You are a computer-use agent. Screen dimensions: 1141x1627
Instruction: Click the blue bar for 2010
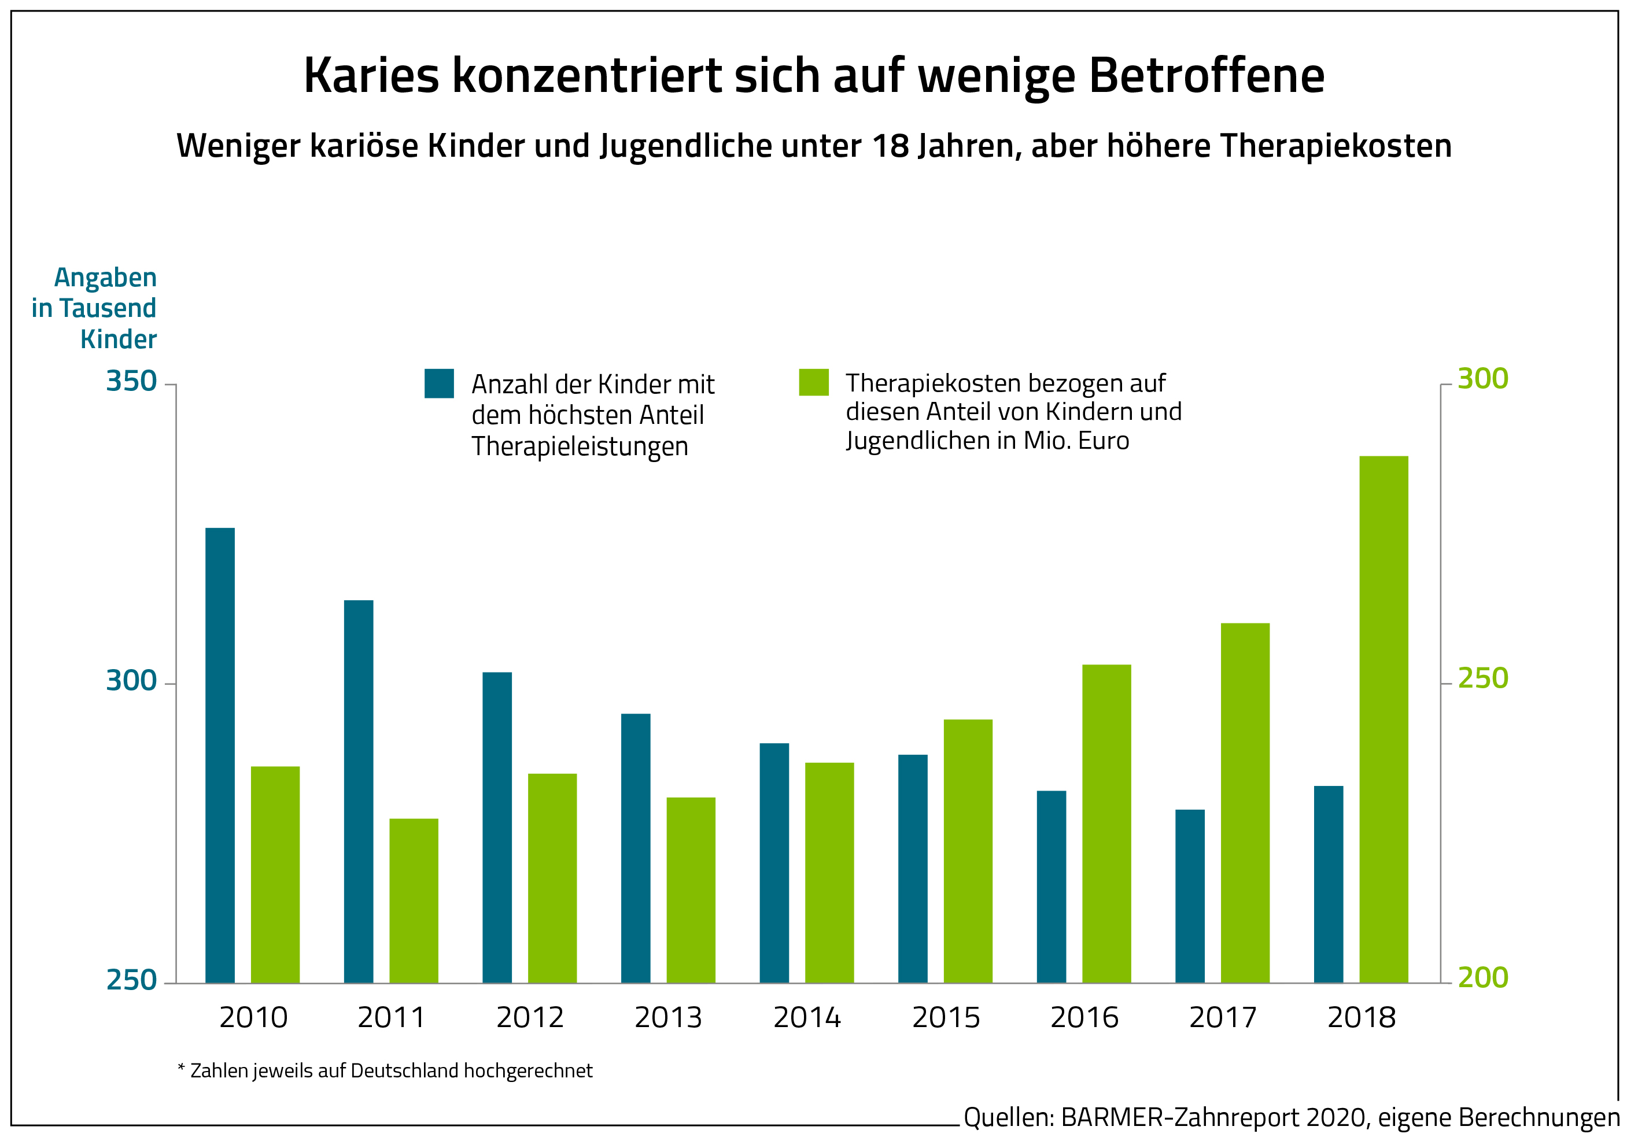[220, 755]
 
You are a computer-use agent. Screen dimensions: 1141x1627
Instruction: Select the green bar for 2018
[1383, 719]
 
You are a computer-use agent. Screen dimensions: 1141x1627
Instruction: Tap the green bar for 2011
[414, 901]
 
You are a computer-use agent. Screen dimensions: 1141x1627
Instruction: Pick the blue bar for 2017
[1190, 896]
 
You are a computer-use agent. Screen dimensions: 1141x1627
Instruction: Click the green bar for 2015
[968, 851]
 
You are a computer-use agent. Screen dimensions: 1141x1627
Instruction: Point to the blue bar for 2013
[636, 848]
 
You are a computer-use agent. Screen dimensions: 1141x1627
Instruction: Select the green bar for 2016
[1106, 824]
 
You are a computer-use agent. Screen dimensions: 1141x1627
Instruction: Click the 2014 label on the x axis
[807, 1018]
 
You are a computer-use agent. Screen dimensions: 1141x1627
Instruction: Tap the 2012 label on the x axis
[530, 1018]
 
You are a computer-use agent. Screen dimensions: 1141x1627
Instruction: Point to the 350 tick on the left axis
[131, 381]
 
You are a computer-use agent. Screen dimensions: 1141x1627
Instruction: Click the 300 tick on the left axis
[131, 680]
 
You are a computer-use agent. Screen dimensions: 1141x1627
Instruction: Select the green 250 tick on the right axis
[1482, 678]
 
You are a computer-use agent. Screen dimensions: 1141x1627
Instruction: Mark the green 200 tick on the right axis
[1482, 977]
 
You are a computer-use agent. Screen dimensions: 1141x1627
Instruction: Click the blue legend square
[440, 383]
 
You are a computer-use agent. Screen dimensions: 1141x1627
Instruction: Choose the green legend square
[813, 382]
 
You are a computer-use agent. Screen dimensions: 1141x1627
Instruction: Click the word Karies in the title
[371, 75]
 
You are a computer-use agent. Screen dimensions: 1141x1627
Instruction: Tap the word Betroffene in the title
[1206, 75]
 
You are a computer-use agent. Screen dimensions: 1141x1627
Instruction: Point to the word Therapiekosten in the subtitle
[1335, 146]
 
